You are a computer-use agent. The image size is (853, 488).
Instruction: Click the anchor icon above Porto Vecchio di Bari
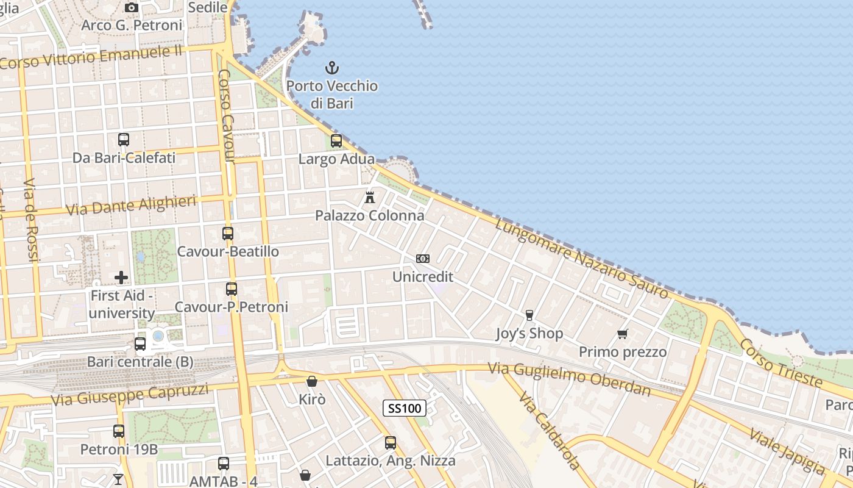(332, 67)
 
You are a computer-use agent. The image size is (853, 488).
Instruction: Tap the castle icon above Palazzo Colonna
(369, 197)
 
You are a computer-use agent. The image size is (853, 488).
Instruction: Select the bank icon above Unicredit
(422, 259)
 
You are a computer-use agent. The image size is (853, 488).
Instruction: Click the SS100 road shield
(404, 408)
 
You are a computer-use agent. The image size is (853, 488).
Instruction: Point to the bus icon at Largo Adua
(336, 141)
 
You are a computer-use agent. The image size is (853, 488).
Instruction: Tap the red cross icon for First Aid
(121, 278)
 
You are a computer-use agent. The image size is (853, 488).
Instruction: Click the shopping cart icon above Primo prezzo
(622, 334)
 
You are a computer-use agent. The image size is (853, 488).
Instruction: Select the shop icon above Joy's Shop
(529, 315)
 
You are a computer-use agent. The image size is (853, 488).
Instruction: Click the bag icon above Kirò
(312, 381)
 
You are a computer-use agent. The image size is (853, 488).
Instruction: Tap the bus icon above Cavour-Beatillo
(228, 233)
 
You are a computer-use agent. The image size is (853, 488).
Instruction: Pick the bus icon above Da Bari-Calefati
(124, 139)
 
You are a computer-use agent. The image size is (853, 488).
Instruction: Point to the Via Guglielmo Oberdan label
(570, 380)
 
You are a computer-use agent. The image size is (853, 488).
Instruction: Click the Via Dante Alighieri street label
(131, 206)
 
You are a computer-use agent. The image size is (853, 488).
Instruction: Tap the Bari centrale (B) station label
(140, 362)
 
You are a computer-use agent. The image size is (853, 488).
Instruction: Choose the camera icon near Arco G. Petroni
(131, 8)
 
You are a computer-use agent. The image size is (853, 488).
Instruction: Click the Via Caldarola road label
(549, 431)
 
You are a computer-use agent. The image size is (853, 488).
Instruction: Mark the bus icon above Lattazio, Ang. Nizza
(391, 443)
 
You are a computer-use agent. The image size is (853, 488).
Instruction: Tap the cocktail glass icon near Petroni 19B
(118, 479)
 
